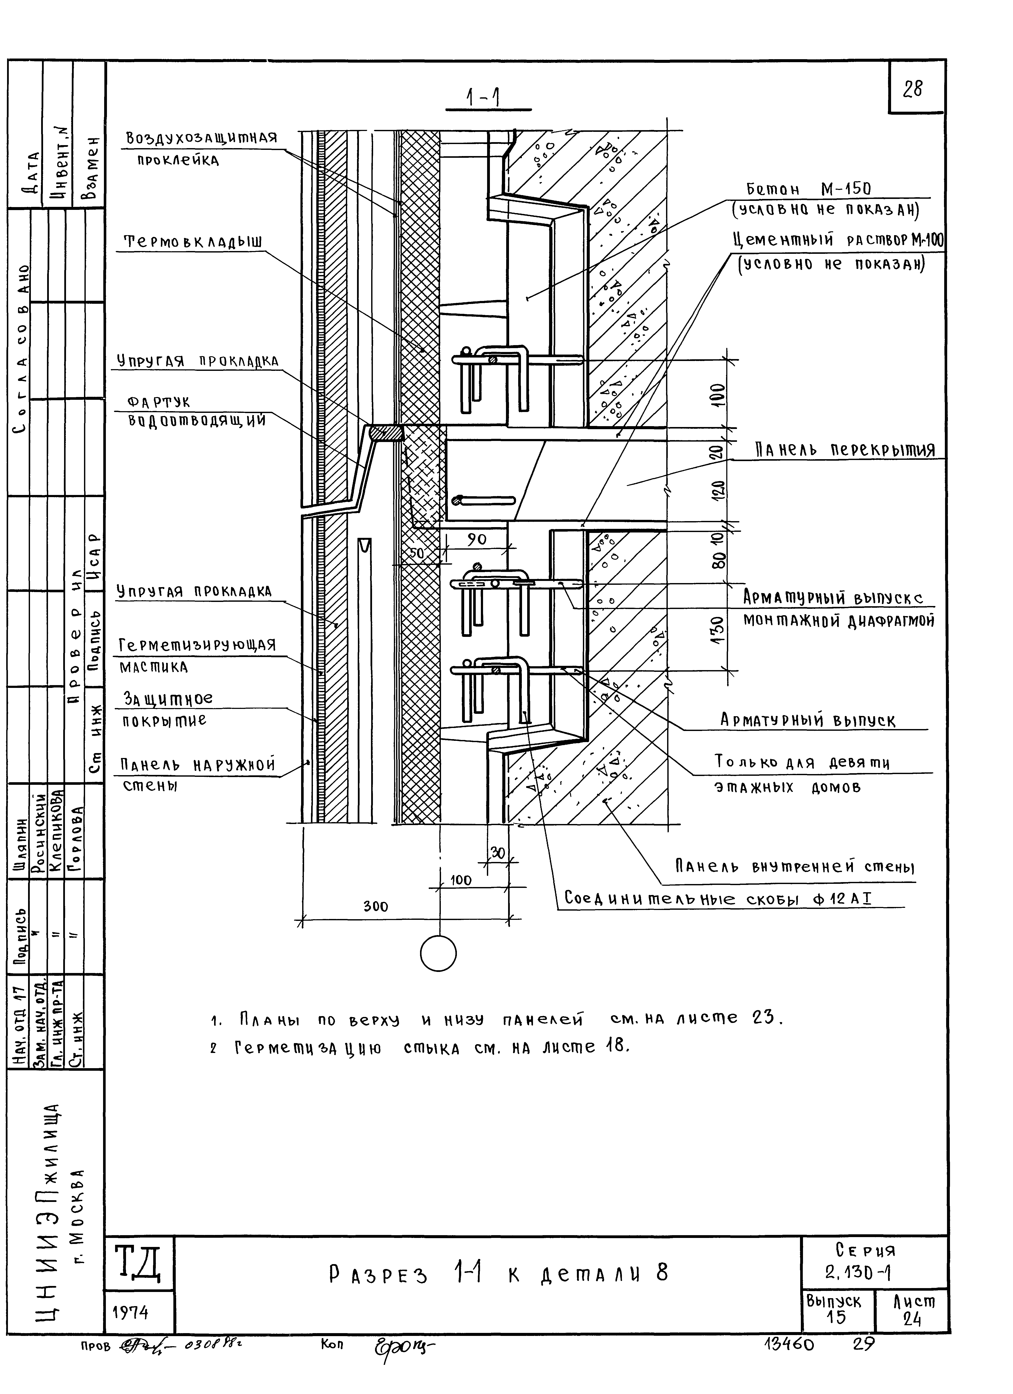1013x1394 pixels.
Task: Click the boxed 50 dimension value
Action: [417, 553]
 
